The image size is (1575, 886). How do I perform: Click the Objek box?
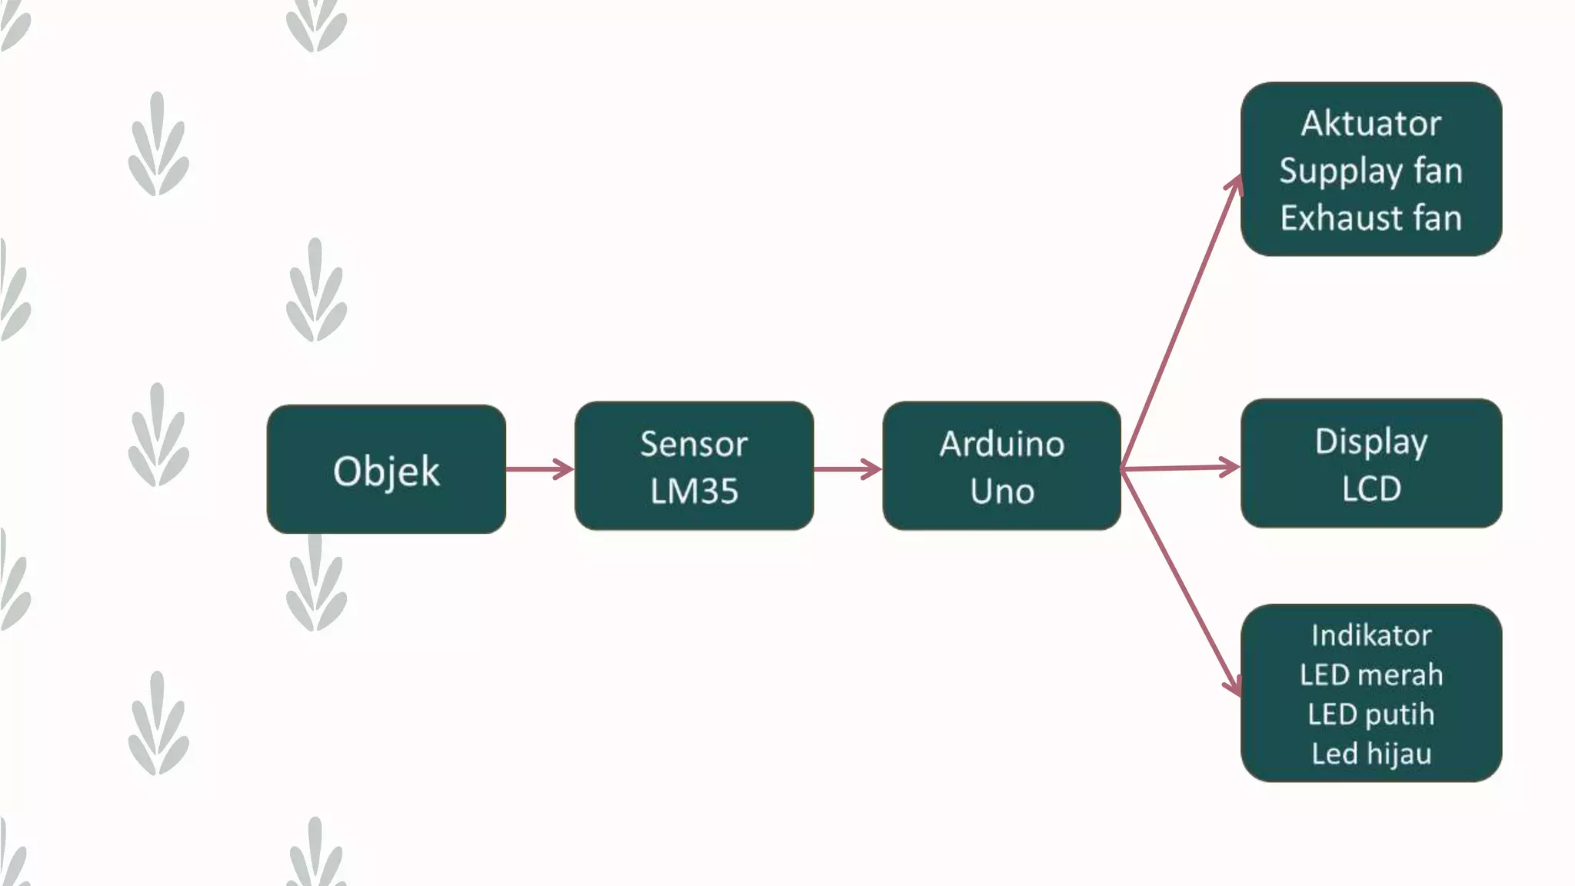pos(386,469)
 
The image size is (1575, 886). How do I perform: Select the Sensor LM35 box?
pos(694,465)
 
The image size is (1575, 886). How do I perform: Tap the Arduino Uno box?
pos(1001,465)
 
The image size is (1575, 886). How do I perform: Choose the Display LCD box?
pos(1370,463)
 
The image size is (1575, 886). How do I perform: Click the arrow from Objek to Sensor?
pos(539,469)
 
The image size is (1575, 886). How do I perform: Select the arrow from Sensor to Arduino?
pos(847,469)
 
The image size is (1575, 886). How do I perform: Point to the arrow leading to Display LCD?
pos(1180,467)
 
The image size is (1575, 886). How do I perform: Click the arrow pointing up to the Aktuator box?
pos(1180,323)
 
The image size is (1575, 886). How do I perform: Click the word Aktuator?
pos(1370,123)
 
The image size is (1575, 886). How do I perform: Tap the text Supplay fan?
pos(1370,171)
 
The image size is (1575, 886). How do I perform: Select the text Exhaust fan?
pos(1370,218)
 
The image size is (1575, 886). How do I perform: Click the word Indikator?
pos(1370,635)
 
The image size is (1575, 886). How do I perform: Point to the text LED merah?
pos(1370,674)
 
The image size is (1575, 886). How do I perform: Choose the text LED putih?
pos(1370,714)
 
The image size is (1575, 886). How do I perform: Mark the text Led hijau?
pos(1370,754)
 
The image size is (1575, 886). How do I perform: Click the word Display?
pos(1370,441)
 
